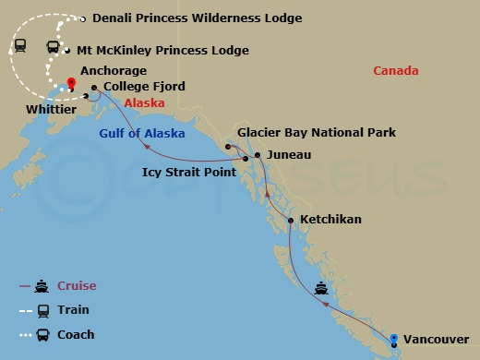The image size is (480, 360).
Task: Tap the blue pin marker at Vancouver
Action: coord(394,341)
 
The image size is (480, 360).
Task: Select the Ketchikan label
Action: coord(330,221)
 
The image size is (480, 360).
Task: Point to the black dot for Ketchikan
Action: coord(291,221)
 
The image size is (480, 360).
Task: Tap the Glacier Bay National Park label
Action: coord(316,133)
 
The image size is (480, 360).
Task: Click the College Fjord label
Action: coord(138,87)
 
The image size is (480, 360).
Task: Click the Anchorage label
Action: coord(114,69)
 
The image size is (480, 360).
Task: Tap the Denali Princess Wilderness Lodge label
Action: coord(196,18)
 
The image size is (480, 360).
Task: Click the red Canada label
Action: coord(396,71)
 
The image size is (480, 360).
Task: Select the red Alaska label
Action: coord(144,103)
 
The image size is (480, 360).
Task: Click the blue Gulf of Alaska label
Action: coord(141,134)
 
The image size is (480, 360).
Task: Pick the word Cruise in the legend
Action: coord(77,286)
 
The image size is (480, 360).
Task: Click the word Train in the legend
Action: coord(73,310)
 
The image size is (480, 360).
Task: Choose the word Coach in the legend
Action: coord(76,334)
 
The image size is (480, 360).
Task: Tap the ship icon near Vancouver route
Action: coord(321,288)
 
